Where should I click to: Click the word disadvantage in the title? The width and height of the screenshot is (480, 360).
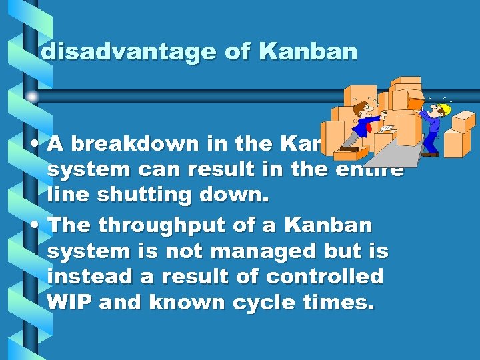tap(128, 52)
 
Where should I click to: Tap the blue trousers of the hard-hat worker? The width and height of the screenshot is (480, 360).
tap(431, 141)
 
